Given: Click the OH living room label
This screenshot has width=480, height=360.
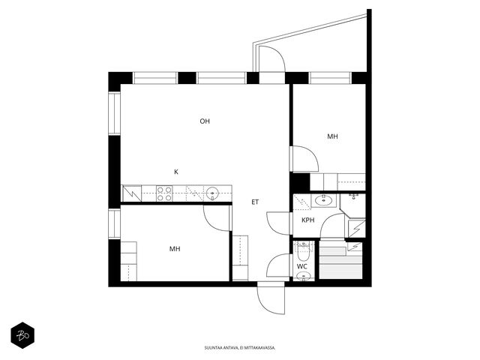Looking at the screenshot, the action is click(205, 121).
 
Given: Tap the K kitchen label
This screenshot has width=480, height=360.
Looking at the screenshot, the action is click(176, 172).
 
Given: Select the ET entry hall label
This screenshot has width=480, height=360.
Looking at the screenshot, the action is click(255, 202).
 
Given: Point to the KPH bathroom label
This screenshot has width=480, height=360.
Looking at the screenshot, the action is click(308, 220).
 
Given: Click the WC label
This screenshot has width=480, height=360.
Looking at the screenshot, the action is click(302, 267).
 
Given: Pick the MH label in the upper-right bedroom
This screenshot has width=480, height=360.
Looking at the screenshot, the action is click(333, 136).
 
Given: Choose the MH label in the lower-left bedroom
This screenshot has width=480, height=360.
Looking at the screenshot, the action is click(175, 249).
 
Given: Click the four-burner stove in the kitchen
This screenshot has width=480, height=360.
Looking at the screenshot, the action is click(164, 193).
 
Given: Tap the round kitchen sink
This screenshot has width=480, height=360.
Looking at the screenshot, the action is click(211, 193).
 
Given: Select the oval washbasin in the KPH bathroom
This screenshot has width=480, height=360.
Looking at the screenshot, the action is click(324, 201).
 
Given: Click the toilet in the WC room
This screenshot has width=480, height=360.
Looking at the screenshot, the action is click(303, 250).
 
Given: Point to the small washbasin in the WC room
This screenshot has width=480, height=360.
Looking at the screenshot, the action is click(303, 277).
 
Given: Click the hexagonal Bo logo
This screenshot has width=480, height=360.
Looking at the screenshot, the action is click(22, 335).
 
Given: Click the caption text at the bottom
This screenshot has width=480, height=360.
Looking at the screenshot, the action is click(240, 348).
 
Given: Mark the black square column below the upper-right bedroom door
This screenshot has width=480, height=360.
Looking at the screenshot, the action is click(300, 182).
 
